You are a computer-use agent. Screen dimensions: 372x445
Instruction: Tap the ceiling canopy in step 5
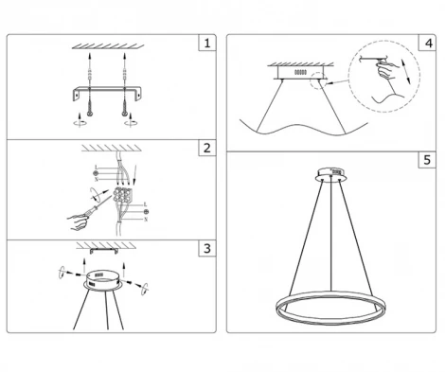[330, 173]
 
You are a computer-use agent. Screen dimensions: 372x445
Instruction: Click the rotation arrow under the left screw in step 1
[77, 122]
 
